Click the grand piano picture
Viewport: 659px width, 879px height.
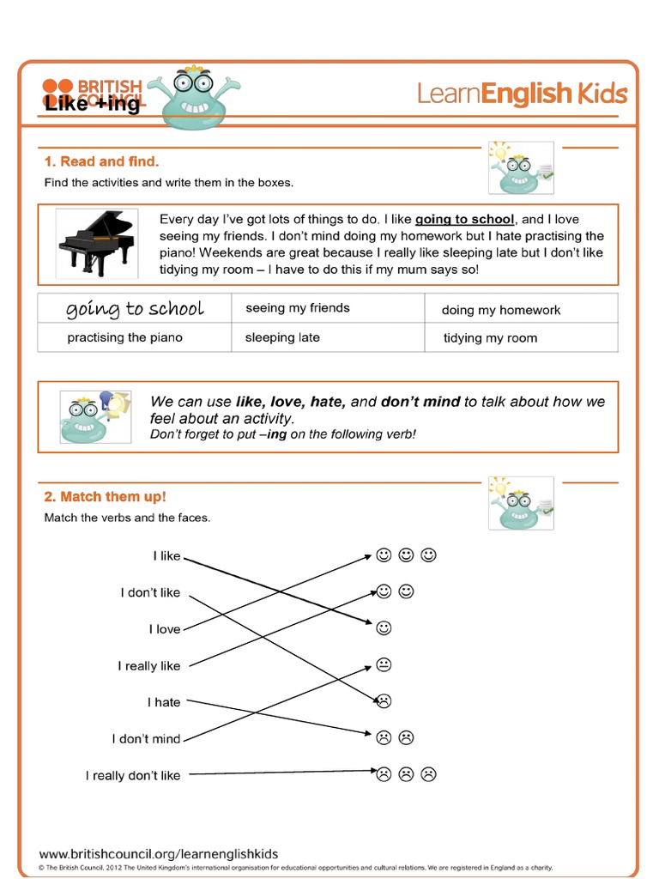[96, 243]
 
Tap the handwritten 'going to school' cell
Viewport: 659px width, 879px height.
[135, 309]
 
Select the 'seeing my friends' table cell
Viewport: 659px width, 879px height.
[298, 308]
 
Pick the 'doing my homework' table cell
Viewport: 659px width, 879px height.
[500, 310]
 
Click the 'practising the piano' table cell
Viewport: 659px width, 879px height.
[125, 337]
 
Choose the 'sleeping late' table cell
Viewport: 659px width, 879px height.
[282, 337]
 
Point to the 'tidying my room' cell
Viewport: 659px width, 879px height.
[490, 338]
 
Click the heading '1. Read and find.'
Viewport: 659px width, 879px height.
[101, 161]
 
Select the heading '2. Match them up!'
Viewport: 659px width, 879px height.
[105, 497]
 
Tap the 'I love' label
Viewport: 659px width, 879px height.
[164, 629]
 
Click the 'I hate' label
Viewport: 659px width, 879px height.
[164, 702]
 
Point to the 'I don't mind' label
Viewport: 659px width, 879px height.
[146, 739]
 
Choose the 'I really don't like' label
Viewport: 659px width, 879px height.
[133, 776]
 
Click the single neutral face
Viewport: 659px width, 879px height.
[384, 664]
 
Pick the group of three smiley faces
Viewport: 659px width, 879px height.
[406, 555]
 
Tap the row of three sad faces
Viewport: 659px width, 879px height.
[406, 774]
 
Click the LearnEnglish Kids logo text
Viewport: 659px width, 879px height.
[522, 94]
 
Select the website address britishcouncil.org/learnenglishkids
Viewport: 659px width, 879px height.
[159, 853]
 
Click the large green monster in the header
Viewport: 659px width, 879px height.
[193, 99]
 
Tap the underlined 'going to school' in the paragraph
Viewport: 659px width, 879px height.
[464, 219]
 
